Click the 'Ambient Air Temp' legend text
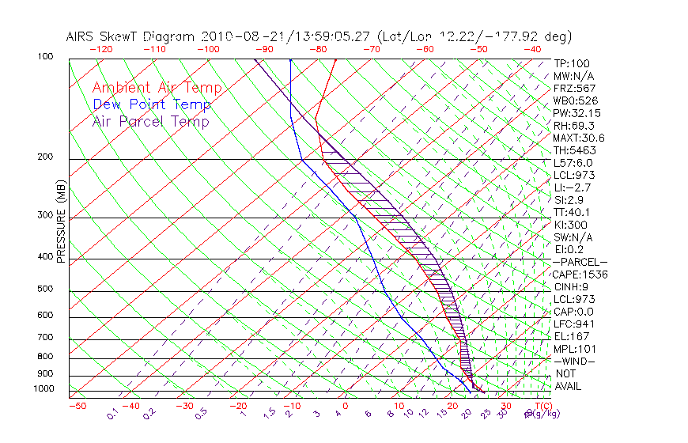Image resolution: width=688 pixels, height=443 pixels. tap(157, 88)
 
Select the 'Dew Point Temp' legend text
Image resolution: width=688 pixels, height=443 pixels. tap(152, 104)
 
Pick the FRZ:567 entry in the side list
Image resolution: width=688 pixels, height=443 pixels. tap(575, 88)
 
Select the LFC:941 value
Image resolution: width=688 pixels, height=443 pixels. tap(574, 324)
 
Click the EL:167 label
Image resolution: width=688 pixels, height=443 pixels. tap(572, 336)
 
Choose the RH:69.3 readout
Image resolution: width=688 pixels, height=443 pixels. tap(573, 125)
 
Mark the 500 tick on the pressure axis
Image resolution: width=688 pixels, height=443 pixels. tap(44, 289)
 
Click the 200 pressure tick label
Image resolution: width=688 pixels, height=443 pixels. tap(44, 157)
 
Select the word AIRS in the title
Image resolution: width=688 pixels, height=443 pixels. tap(82, 36)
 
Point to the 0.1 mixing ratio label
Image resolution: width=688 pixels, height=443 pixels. tap(112, 414)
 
